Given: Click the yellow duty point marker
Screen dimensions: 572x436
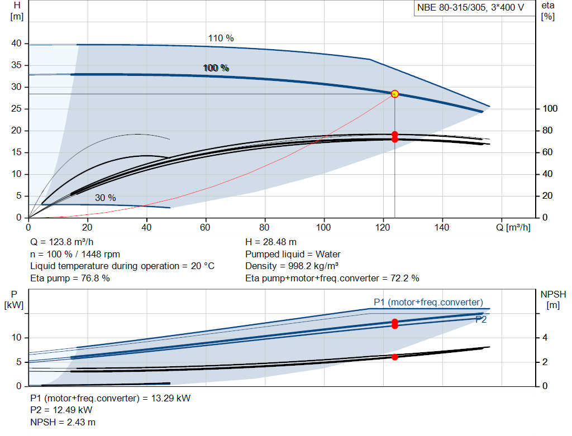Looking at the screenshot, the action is (395, 94).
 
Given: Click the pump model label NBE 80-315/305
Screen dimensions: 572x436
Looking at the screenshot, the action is (451, 8).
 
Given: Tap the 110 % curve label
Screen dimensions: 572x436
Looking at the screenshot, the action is (221, 39).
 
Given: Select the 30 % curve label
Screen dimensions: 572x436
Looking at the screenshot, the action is (106, 198).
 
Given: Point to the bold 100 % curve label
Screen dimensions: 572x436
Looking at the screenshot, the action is (216, 68).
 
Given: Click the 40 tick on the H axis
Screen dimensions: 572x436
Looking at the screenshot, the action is (16, 44).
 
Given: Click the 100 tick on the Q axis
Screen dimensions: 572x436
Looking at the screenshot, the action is (323, 227).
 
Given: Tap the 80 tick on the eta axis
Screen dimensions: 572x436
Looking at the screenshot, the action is (547, 131).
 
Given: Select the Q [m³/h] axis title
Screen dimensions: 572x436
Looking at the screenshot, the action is (513, 227).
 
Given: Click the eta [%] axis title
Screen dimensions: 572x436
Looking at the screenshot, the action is (548, 11).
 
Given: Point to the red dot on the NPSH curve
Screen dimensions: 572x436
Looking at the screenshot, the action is (395, 357).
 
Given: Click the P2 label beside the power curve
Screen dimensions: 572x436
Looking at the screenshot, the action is (481, 320).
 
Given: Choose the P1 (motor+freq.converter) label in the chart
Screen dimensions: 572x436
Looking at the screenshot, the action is (428, 302).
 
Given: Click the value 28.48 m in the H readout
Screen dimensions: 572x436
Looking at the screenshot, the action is (280, 242).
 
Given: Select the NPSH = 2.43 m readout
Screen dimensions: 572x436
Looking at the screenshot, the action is (63, 422).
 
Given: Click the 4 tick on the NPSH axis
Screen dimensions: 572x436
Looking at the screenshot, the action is (545, 338).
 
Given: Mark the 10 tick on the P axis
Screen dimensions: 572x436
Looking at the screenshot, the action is (16, 338).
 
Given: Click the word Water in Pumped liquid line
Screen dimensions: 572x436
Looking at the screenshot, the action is (328, 254).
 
